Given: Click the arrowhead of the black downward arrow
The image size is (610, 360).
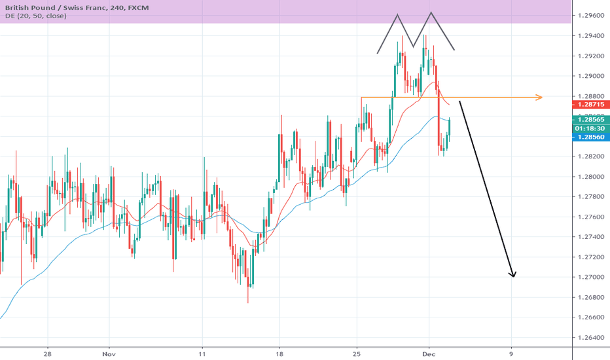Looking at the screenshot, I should (x=514, y=274).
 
